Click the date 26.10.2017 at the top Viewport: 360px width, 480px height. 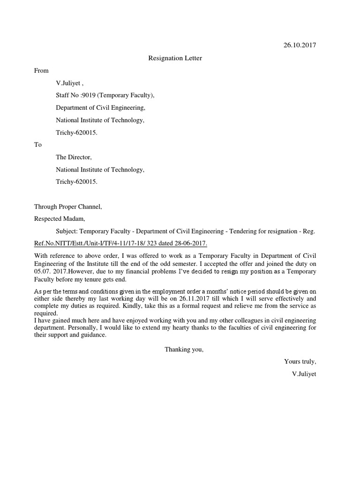pyautogui.click(x=300, y=45)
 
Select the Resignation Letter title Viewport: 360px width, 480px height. pyautogui.click(x=175, y=58)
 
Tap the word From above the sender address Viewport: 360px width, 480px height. pyautogui.click(x=41, y=70)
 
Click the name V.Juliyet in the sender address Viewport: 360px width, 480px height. pyautogui.click(x=69, y=83)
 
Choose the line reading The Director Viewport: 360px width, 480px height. pyautogui.click(x=74, y=157)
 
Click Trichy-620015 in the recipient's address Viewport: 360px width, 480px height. pyautogui.click(x=77, y=181)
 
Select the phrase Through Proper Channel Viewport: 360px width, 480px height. pyautogui.click(x=68, y=206)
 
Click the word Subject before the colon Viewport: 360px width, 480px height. pyautogui.click(x=67, y=231)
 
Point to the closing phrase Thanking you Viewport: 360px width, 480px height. pyautogui.click(x=184, y=349)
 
